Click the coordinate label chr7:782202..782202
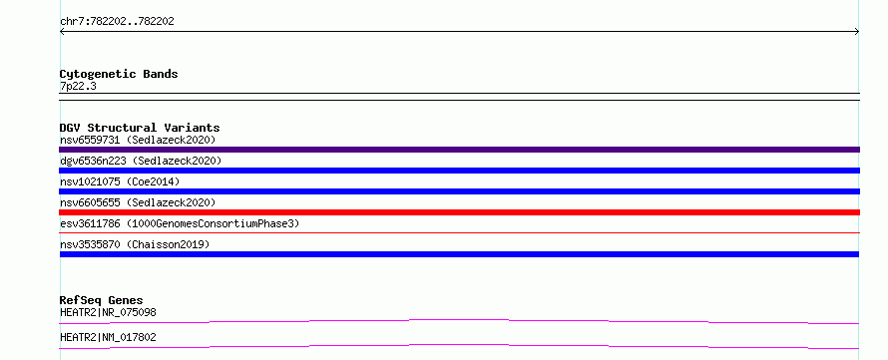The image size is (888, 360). pos(117,22)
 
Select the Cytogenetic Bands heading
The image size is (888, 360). pos(119,74)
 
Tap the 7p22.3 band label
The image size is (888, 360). pos(78,86)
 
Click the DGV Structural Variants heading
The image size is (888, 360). pos(140,128)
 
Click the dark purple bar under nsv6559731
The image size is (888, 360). pos(459,150)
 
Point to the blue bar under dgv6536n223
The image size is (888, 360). pos(459,171)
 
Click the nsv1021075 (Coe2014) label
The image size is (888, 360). pos(120,181)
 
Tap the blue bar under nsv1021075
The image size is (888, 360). pos(459,191)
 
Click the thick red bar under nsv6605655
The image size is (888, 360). pos(459,212)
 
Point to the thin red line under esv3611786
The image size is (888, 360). pos(459,232)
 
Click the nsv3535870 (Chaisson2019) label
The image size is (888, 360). pos(135,244)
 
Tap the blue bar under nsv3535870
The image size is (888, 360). pos(459,254)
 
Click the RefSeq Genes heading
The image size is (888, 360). pos(102,300)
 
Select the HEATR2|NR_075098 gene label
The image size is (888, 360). pos(108,312)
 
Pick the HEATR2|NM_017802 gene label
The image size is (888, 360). pos(108,337)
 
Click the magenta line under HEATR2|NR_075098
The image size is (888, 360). pos(459,320)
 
